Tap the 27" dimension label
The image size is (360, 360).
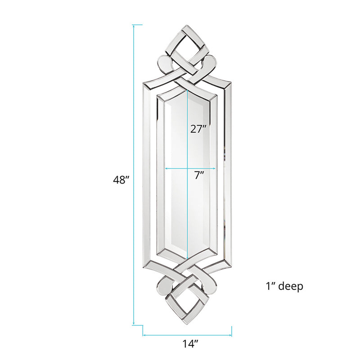click(199, 129)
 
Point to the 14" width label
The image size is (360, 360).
click(190, 344)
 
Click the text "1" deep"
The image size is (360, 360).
click(284, 286)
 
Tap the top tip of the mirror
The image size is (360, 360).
click(187, 25)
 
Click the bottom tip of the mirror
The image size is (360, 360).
click(188, 324)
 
